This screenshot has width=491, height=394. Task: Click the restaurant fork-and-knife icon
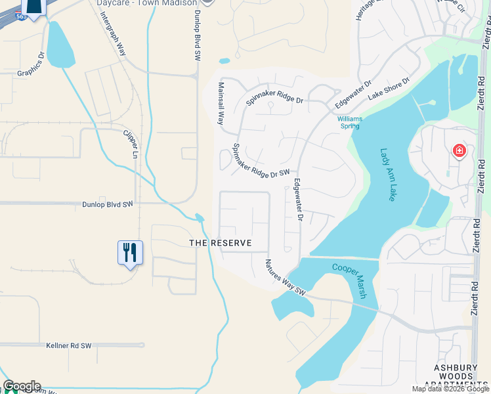coord(130,252)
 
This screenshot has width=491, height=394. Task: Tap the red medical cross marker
coord(459,152)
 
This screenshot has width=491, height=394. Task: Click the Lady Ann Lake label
coord(388,174)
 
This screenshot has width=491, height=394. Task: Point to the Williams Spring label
coord(350,123)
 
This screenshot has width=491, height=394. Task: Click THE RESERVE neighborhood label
coord(221,243)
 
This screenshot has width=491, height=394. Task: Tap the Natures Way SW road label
coord(286,276)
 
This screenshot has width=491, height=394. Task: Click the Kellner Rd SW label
coord(68,345)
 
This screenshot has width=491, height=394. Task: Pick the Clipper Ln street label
coord(131,144)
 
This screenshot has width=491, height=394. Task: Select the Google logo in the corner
coord(22,386)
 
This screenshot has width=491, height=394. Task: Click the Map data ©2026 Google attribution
coord(451,389)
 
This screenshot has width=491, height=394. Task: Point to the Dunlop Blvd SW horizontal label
coord(108,204)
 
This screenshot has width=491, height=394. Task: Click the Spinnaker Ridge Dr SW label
coord(261,164)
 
